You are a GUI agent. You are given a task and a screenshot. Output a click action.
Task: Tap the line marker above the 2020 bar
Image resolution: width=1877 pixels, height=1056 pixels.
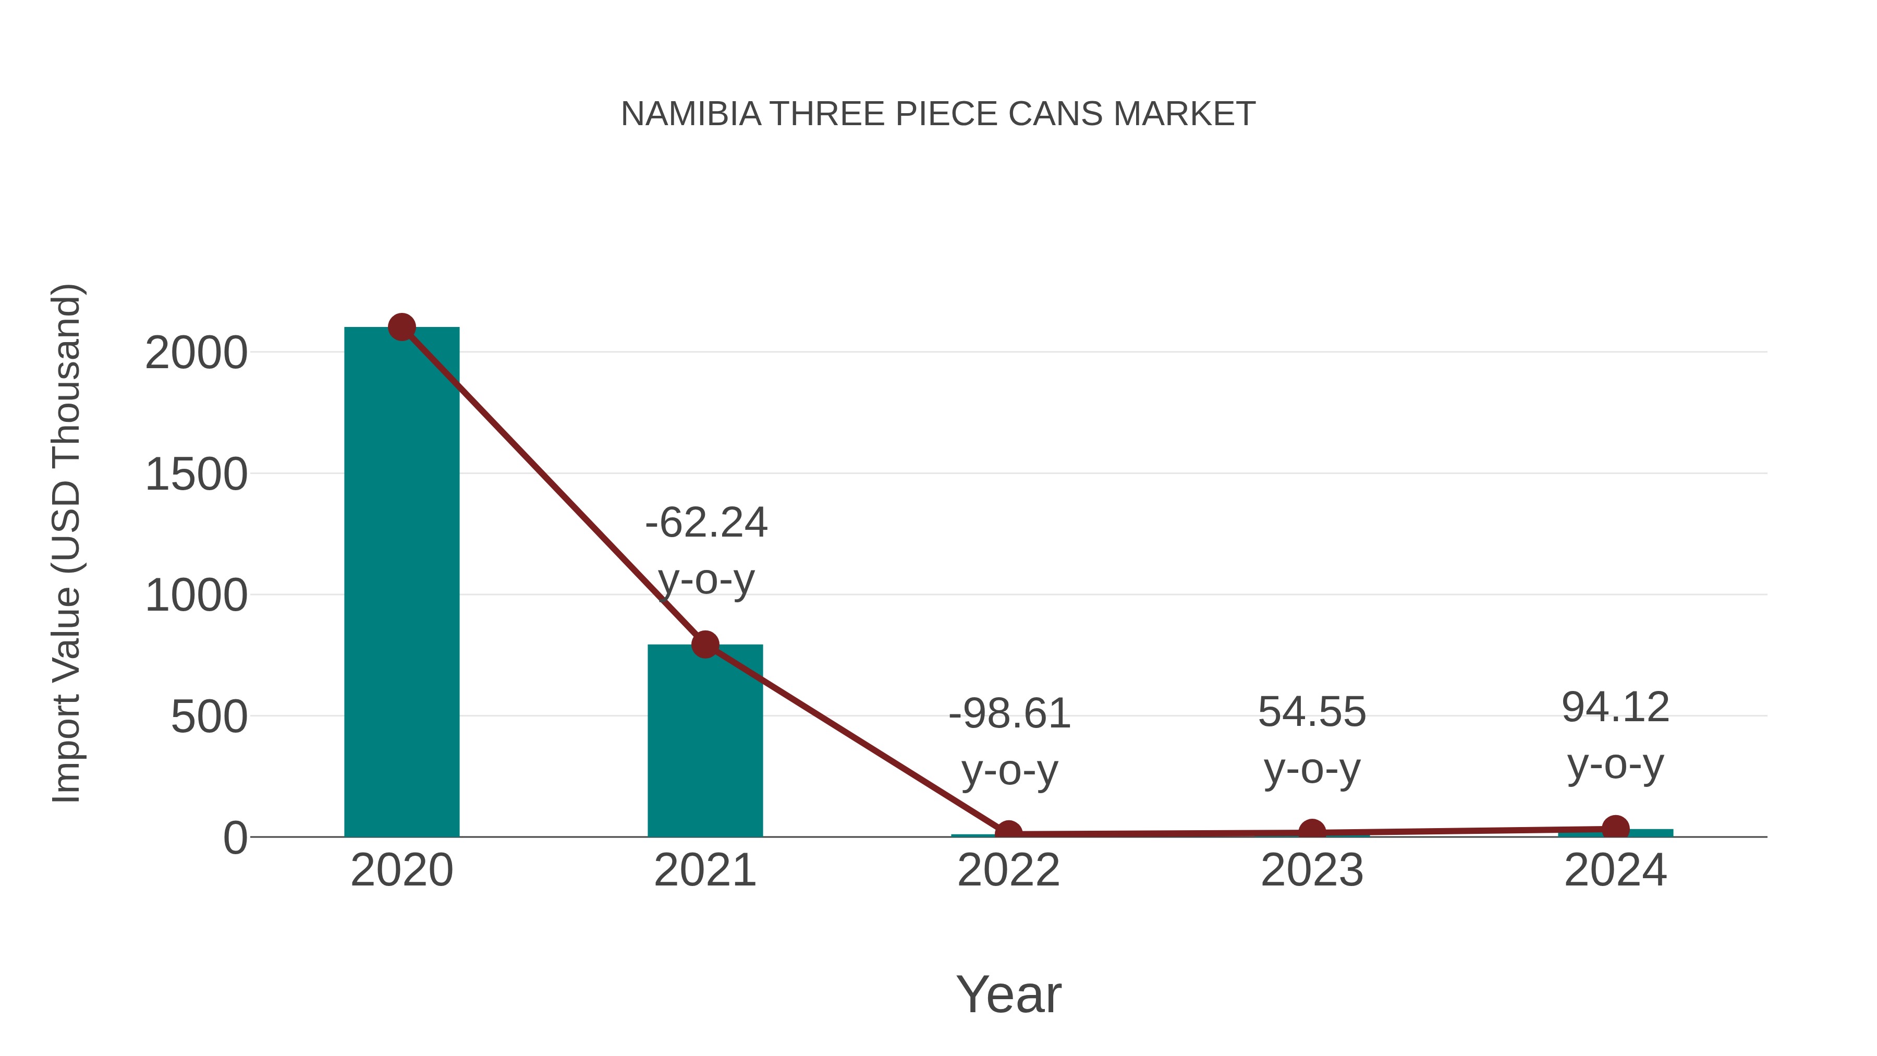pyautogui.click(x=401, y=327)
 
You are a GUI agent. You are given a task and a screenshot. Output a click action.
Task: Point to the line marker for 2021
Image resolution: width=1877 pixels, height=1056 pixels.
pyautogui.click(x=704, y=644)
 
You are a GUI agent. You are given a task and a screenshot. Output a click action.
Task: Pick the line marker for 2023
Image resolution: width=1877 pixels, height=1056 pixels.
pyautogui.click(x=1312, y=832)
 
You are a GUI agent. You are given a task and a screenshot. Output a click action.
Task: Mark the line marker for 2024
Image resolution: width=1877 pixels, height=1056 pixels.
pyautogui.click(x=1615, y=828)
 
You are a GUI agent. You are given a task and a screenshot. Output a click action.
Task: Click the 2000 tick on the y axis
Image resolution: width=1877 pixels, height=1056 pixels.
pyautogui.click(x=197, y=354)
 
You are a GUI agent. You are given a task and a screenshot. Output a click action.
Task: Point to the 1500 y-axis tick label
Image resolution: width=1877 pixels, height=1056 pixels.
pyautogui.click(x=197, y=475)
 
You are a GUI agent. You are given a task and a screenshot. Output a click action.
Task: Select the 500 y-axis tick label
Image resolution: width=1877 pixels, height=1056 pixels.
pyautogui.click(x=209, y=718)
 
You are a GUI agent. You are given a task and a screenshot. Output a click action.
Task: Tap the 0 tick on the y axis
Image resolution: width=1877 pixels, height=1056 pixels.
pyautogui.click(x=235, y=838)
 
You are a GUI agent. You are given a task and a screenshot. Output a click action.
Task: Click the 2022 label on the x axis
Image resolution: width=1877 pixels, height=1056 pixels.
pyautogui.click(x=1008, y=870)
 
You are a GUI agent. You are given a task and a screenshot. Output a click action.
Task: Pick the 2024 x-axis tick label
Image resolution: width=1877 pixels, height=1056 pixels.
pyautogui.click(x=1615, y=870)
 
